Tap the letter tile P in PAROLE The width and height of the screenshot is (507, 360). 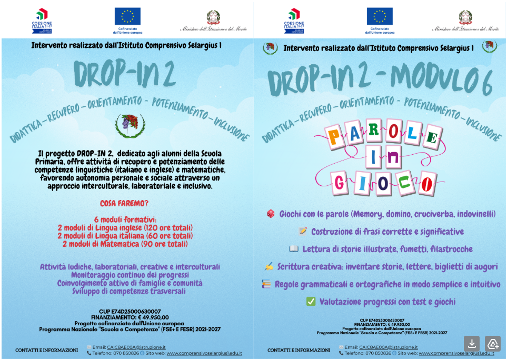333,139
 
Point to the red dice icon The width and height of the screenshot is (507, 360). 270,214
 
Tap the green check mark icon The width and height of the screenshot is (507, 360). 311,302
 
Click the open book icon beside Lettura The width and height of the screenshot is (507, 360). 294,249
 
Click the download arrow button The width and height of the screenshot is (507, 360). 472,343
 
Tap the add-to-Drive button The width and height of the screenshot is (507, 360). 492,343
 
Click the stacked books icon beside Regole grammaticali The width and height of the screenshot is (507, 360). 266,284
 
